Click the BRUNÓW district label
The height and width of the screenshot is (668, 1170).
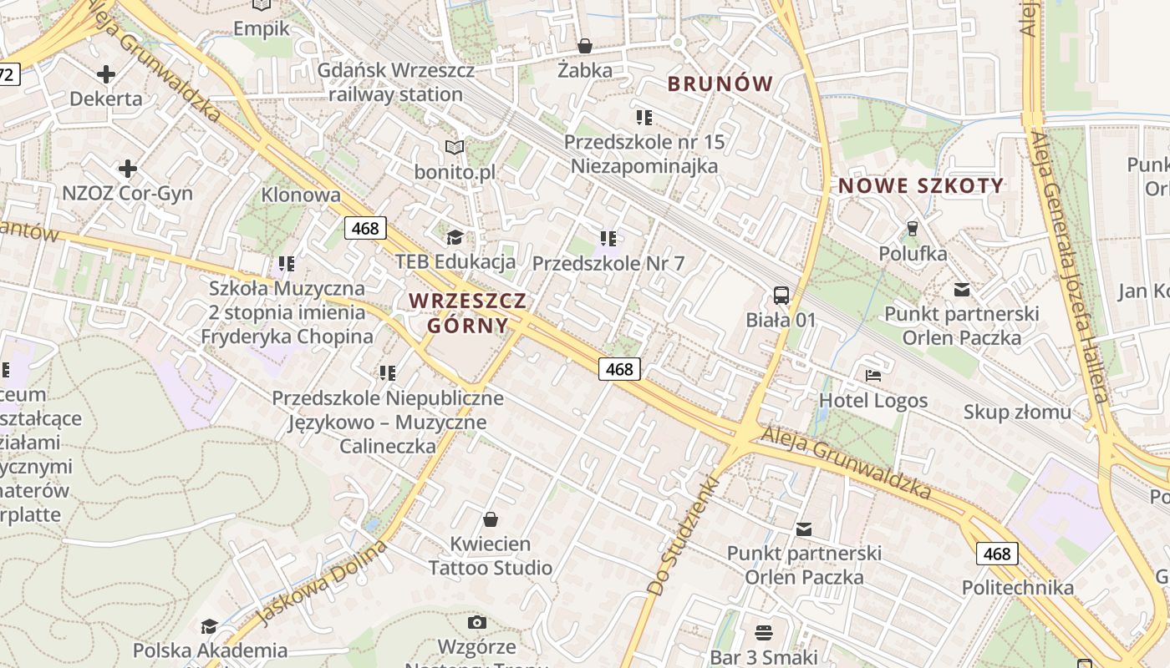click(x=720, y=83)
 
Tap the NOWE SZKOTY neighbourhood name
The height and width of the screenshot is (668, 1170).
click(x=921, y=186)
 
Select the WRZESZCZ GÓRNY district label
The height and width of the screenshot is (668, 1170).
click(x=468, y=312)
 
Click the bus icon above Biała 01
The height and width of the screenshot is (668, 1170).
click(x=781, y=295)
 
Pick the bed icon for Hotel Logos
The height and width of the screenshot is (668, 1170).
click(x=873, y=376)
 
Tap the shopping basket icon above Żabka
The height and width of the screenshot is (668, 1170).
click(x=585, y=46)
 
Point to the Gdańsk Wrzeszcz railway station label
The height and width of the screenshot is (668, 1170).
click(x=395, y=82)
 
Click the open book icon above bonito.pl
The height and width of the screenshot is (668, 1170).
click(x=454, y=148)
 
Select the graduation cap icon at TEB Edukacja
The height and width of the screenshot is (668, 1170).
click(x=455, y=238)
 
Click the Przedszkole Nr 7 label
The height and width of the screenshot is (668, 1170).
click(x=608, y=264)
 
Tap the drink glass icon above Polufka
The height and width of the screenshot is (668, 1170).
click(x=913, y=228)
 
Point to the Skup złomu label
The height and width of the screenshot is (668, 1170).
click(x=1016, y=412)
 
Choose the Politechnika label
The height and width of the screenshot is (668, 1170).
click(x=1017, y=587)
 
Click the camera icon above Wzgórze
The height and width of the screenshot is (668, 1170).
click(x=477, y=622)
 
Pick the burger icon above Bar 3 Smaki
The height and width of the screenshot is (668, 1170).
click(x=764, y=632)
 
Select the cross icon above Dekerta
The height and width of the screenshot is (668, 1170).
click(x=106, y=74)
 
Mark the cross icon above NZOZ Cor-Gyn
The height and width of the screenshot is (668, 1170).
click(x=128, y=170)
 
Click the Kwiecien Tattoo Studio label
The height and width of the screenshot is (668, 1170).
click(x=491, y=556)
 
